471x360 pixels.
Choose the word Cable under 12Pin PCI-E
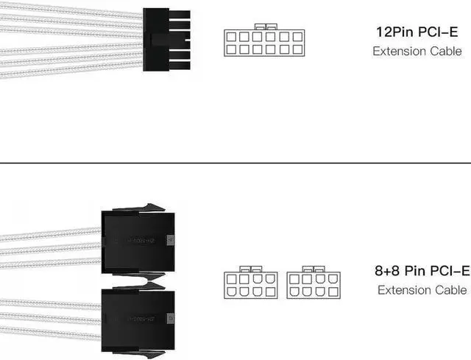coord(447,52)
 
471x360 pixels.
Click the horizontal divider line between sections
coord(235,163)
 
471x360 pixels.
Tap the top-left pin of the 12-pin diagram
coord(232,36)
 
